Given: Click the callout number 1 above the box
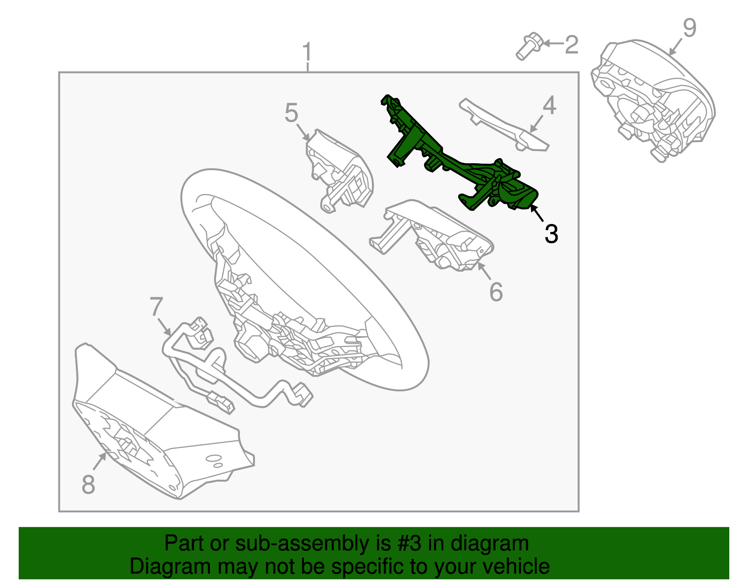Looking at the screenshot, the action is click(x=308, y=52).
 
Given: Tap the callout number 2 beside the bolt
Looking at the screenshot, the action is click(x=572, y=44).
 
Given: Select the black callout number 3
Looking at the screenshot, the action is click(x=551, y=233).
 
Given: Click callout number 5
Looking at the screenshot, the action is click(x=291, y=112).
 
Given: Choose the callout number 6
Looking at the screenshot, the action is click(x=496, y=292).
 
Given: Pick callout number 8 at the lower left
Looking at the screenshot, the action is click(x=88, y=484).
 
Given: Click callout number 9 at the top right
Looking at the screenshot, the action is click(x=690, y=28).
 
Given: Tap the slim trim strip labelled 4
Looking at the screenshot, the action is click(x=504, y=126).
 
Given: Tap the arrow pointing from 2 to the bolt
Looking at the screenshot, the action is click(x=554, y=43).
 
